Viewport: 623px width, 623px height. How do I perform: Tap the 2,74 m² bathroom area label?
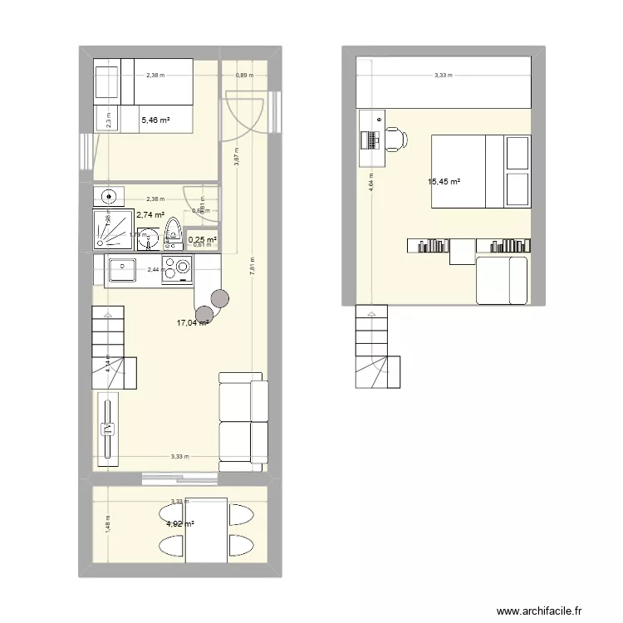[150, 215]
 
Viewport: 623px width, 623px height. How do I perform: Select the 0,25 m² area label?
[202, 239]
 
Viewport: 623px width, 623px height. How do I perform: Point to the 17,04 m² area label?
[192, 323]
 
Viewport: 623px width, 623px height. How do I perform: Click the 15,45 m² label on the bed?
[444, 182]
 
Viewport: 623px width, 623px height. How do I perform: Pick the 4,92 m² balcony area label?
[180, 524]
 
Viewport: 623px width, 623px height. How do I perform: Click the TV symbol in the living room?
[107, 429]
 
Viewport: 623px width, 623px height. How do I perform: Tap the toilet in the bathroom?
[174, 233]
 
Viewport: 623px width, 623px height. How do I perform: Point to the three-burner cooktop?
[177, 269]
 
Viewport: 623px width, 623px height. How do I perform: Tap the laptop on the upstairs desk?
[368, 138]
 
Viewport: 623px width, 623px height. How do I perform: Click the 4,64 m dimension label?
[370, 181]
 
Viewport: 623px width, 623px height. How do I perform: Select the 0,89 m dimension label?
[244, 76]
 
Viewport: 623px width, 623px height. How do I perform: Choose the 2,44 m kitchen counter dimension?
[155, 269]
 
